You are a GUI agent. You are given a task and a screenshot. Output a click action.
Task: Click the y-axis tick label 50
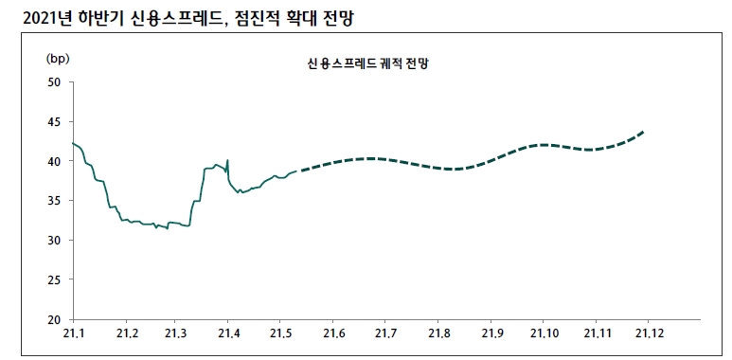click(x=54, y=82)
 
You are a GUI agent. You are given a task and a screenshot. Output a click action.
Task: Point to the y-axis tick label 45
click(x=54, y=122)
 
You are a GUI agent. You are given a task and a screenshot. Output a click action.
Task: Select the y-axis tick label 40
click(x=54, y=162)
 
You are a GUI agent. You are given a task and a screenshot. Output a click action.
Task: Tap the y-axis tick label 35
click(x=54, y=201)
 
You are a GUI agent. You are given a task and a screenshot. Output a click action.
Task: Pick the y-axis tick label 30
click(x=54, y=241)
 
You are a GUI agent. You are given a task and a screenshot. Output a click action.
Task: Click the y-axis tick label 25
click(x=54, y=280)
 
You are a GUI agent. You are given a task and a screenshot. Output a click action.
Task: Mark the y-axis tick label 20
click(x=54, y=319)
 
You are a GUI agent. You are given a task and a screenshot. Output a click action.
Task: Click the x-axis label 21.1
click(x=74, y=334)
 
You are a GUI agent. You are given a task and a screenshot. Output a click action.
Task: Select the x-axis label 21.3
click(x=175, y=334)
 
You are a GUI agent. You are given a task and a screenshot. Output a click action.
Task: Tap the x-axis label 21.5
click(x=280, y=334)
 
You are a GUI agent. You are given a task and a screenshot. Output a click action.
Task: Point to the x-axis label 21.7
click(x=385, y=334)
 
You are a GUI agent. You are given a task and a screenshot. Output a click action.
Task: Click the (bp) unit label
click(x=58, y=58)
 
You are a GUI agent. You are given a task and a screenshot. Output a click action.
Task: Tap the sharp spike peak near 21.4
click(x=228, y=159)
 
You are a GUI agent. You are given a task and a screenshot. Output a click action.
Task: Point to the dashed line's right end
click(x=644, y=132)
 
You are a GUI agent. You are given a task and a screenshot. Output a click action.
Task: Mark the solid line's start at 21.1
click(x=73, y=143)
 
